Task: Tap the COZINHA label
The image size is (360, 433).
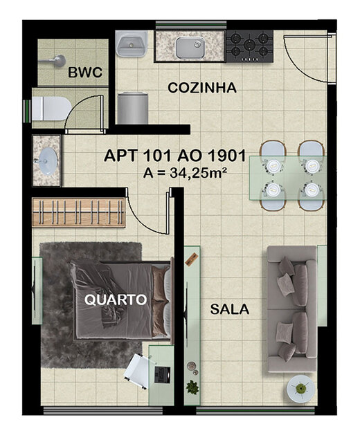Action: click(203, 88)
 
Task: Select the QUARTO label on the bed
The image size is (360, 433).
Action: click(116, 300)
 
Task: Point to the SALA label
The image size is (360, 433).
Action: click(230, 309)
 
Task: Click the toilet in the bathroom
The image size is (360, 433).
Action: click(50, 108)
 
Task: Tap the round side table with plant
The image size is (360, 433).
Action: click(300, 387)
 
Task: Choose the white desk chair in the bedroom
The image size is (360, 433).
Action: click(138, 367)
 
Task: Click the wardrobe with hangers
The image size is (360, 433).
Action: click(78, 212)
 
